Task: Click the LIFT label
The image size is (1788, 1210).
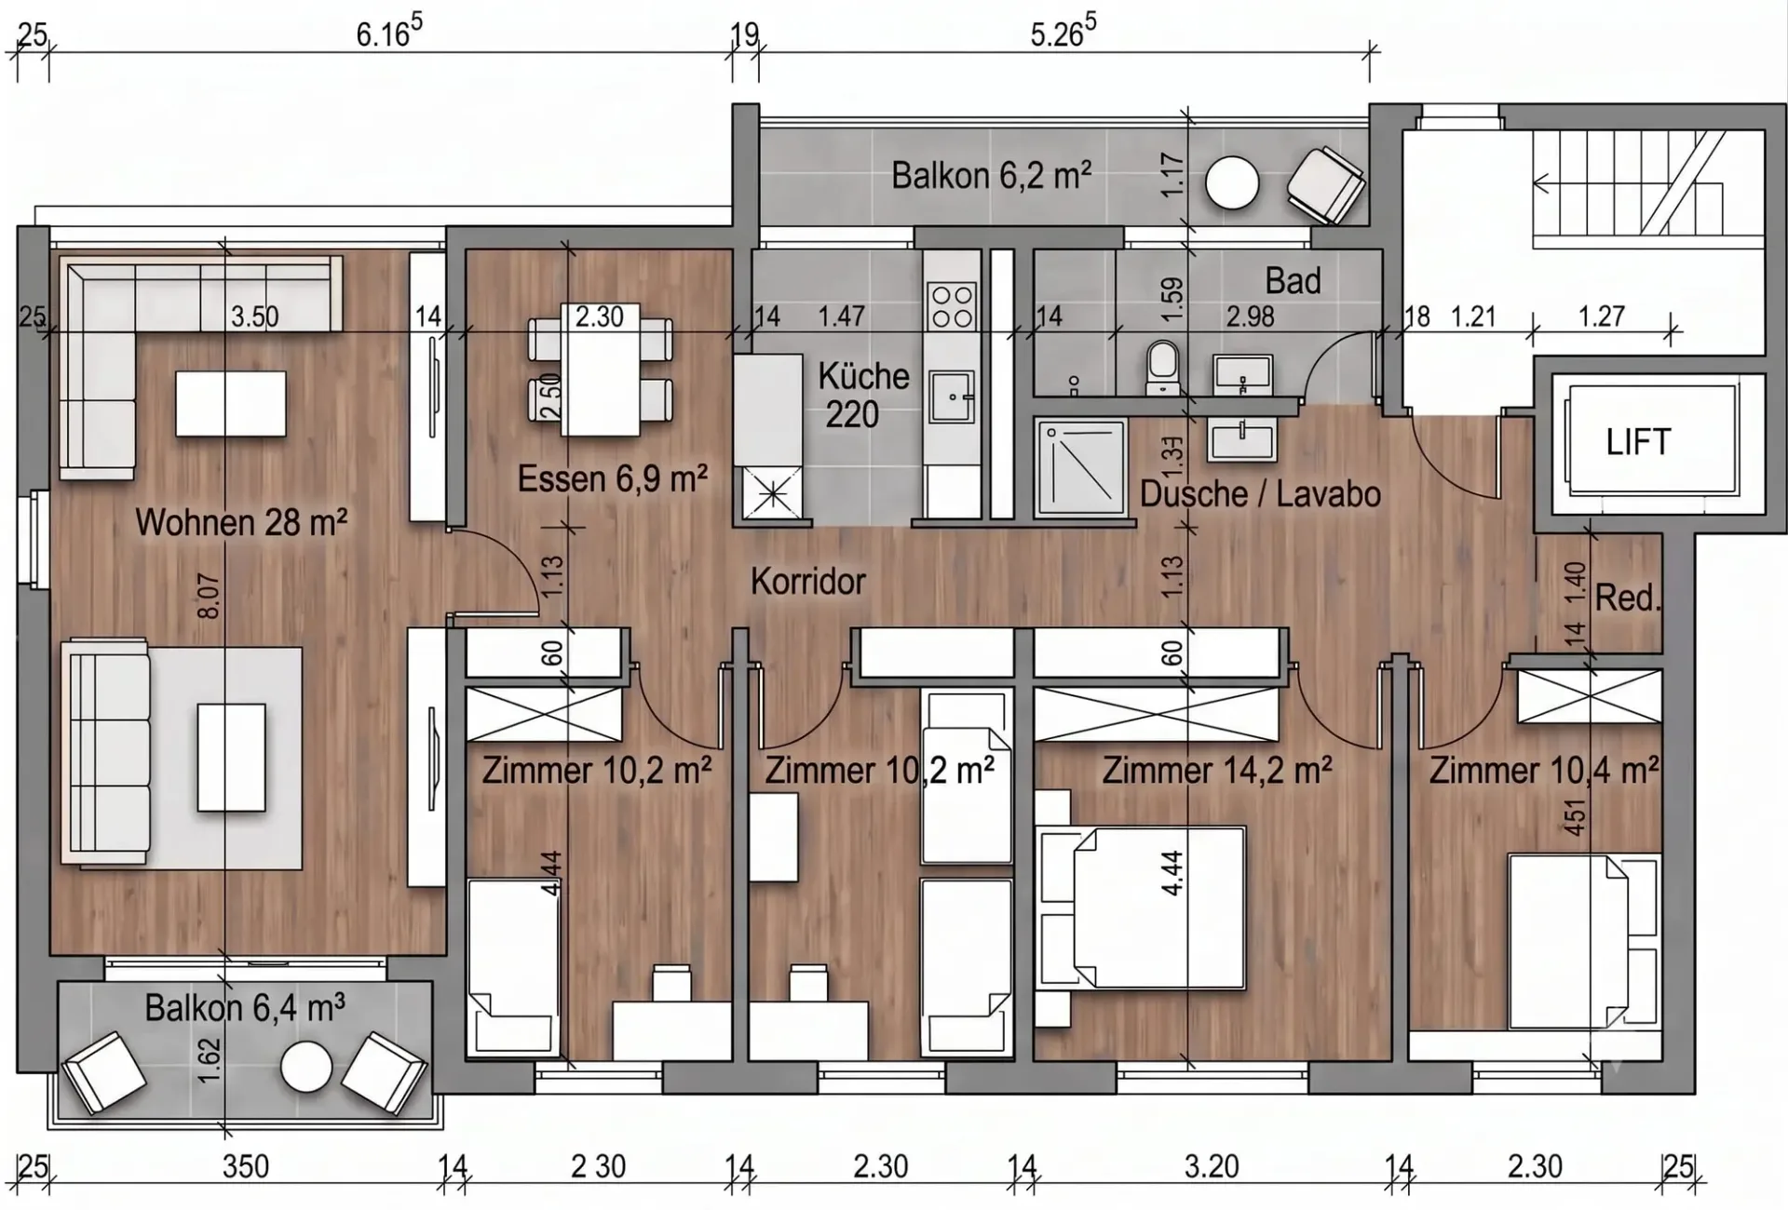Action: pos(1638,442)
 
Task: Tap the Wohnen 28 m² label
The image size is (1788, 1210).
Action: pos(241,522)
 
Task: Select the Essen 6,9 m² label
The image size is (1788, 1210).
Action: pos(612,479)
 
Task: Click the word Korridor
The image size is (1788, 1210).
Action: pos(808,582)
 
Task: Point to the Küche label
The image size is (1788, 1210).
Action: pos(863,377)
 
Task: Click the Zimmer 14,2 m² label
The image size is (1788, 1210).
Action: pos(1216,771)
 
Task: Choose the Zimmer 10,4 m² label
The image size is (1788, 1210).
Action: pos(1544,771)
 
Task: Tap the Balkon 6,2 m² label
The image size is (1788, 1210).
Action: pos(991,175)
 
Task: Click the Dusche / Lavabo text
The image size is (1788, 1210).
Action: pos(1260,494)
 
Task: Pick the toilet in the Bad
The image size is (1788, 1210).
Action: pos(1162,367)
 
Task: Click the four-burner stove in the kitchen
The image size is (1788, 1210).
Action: pos(952,306)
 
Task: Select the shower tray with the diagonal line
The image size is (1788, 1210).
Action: pos(1080,465)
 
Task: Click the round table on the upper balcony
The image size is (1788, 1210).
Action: pos(1232,183)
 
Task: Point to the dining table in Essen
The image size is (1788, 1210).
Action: pos(600,369)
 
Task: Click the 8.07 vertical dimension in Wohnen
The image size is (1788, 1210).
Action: pos(210,596)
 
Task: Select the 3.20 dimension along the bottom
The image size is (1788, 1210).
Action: pos(1212,1166)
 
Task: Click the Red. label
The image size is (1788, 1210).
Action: pos(1628,598)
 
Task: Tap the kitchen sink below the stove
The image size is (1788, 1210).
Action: pos(952,397)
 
